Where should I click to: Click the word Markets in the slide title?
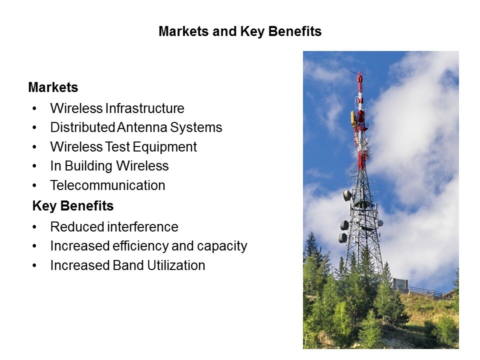(x=183, y=31)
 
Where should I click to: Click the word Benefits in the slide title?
(x=295, y=31)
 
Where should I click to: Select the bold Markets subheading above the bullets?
(x=53, y=87)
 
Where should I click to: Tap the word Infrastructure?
(x=145, y=108)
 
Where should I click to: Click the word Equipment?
(x=165, y=147)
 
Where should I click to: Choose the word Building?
(x=88, y=166)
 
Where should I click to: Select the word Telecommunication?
(x=108, y=185)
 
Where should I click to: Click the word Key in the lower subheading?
(x=44, y=206)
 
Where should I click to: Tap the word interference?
(x=142, y=227)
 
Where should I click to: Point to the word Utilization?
(x=176, y=265)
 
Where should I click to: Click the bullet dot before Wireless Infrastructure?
(x=34, y=108)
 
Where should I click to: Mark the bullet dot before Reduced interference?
(x=34, y=227)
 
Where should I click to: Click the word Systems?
(x=196, y=127)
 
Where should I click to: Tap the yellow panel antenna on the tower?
(x=353, y=119)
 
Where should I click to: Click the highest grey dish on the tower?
(x=347, y=195)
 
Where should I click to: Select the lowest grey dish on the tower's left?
(x=342, y=237)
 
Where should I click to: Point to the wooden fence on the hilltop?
(x=425, y=291)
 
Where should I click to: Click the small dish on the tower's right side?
(x=380, y=223)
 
